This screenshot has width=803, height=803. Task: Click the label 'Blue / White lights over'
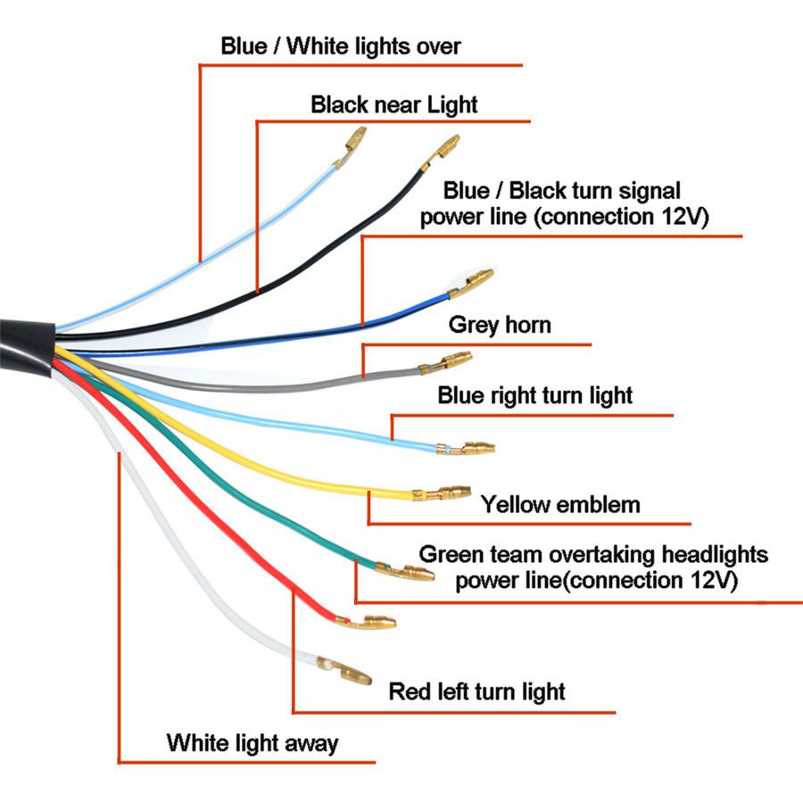click(x=341, y=46)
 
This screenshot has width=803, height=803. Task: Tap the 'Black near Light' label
click(x=393, y=104)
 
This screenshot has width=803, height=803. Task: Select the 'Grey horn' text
click(x=500, y=325)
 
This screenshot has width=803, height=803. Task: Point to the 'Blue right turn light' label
click(x=534, y=396)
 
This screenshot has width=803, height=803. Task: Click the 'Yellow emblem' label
click(x=560, y=504)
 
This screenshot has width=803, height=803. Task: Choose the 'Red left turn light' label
click(x=476, y=691)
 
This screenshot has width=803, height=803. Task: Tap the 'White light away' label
click(x=252, y=743)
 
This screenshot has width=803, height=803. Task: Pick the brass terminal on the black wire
click(x=441, y=151)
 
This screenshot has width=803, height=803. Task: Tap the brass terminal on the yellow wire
click(x=442, y=493)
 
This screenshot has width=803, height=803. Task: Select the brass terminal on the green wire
click(x=404, y=571)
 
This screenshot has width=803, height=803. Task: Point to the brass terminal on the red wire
click(x=366, y=622)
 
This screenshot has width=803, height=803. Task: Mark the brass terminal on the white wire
click(x=344, y=670)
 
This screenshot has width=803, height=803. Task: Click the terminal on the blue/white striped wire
click(x=351, y=145)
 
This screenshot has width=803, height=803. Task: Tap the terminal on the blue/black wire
click(x=472, y=282)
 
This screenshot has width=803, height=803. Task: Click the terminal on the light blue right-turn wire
click(x=466, y=449)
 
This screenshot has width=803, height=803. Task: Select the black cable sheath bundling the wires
click(x=27, y=348)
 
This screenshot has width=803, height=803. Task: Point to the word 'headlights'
click(x=715, y=555)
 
